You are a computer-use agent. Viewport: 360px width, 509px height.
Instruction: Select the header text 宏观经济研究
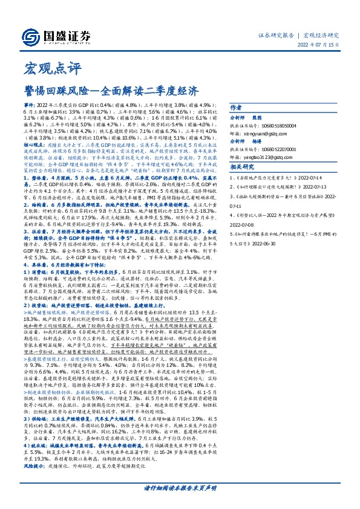click(x=321, y=34)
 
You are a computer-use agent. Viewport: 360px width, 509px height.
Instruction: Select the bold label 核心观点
click(x=36, y=145)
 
